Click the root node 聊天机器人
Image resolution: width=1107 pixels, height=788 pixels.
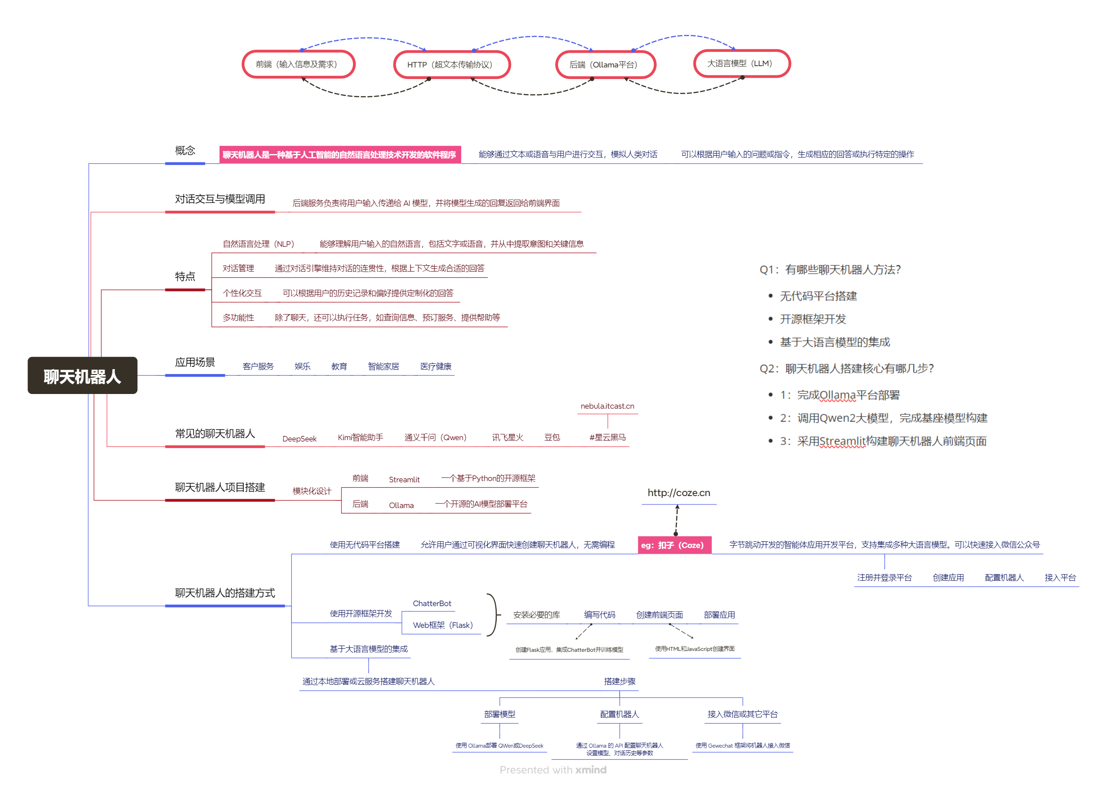(x=82, y=376)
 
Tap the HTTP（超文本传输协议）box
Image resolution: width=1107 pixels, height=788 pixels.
(x=451, y=64)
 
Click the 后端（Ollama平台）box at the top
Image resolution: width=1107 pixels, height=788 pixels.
(x=605, y=64)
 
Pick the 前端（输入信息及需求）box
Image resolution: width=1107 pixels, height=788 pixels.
(x=298, y=64)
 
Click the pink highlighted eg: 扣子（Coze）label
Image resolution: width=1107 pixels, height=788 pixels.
(x=674, y=545)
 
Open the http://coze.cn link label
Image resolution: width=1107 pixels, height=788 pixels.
(x=679, y=493)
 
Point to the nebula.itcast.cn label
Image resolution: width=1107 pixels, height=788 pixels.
(x=607, y=406)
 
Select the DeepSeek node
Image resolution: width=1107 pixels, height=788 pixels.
(x=299, y=439)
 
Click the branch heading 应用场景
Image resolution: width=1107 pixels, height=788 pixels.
(x=195, y=362)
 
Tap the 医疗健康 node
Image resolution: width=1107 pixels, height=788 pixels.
(x=436, y=366)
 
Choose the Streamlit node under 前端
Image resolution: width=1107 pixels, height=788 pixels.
(x=404, y=479)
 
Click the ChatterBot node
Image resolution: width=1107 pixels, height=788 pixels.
(x=432, y=603)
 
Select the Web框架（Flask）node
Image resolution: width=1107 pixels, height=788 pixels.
(x=442, y=625)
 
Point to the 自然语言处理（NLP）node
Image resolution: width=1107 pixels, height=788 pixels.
(x=259, y=244)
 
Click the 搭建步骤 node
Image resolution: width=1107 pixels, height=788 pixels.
(x=619, y=681)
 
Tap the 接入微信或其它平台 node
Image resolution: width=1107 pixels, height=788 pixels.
(x=742, y=714)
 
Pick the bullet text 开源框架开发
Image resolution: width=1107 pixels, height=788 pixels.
(x=813, y=319)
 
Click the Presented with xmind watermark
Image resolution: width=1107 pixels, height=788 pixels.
(x=553, y=770)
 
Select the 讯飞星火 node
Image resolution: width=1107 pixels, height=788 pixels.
(x=507, y=437)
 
